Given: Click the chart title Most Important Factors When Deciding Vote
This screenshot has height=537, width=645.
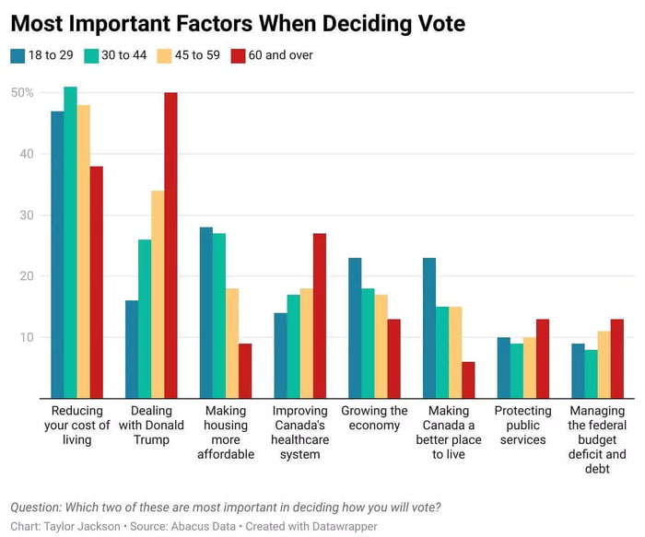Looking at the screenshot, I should click(x=238, y=22).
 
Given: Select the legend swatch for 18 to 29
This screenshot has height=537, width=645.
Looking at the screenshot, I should click(x=18, y=55).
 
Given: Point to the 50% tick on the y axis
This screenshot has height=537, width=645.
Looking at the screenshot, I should click(x=22, y=93).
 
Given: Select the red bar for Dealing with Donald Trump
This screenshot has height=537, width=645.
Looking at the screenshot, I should click(x=170, y=245).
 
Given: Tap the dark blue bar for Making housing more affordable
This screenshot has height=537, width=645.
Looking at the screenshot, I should click(x=205, y=312).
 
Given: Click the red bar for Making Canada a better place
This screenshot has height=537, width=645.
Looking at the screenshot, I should click(x=468, y=379).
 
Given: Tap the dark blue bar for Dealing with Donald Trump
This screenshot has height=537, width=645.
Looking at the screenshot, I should click(x=132, y=349).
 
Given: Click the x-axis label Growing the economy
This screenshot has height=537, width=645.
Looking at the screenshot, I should click(x=374, y=418).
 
